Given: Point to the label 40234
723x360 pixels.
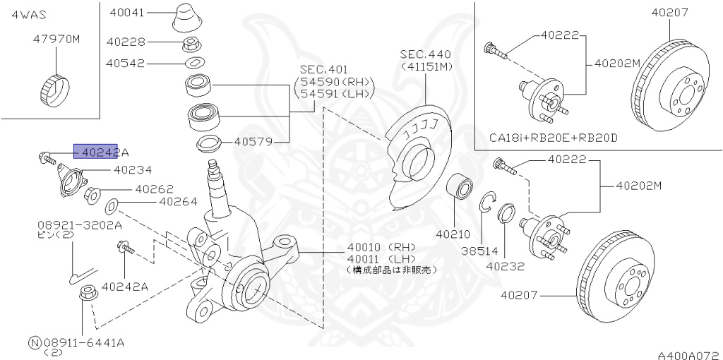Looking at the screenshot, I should coord(133,169).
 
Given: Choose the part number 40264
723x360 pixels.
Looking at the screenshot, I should coord(178,201).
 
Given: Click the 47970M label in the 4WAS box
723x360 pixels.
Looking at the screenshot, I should coord(56,40).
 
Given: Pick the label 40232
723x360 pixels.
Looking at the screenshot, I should coord(506,266).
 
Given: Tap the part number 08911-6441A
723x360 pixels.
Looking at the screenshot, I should coord(84,342).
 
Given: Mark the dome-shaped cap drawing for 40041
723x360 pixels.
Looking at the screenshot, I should coord(186,17).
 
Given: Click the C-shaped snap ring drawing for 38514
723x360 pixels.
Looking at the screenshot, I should coord(486,203).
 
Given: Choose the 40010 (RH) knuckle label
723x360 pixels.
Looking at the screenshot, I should coord(381,247).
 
